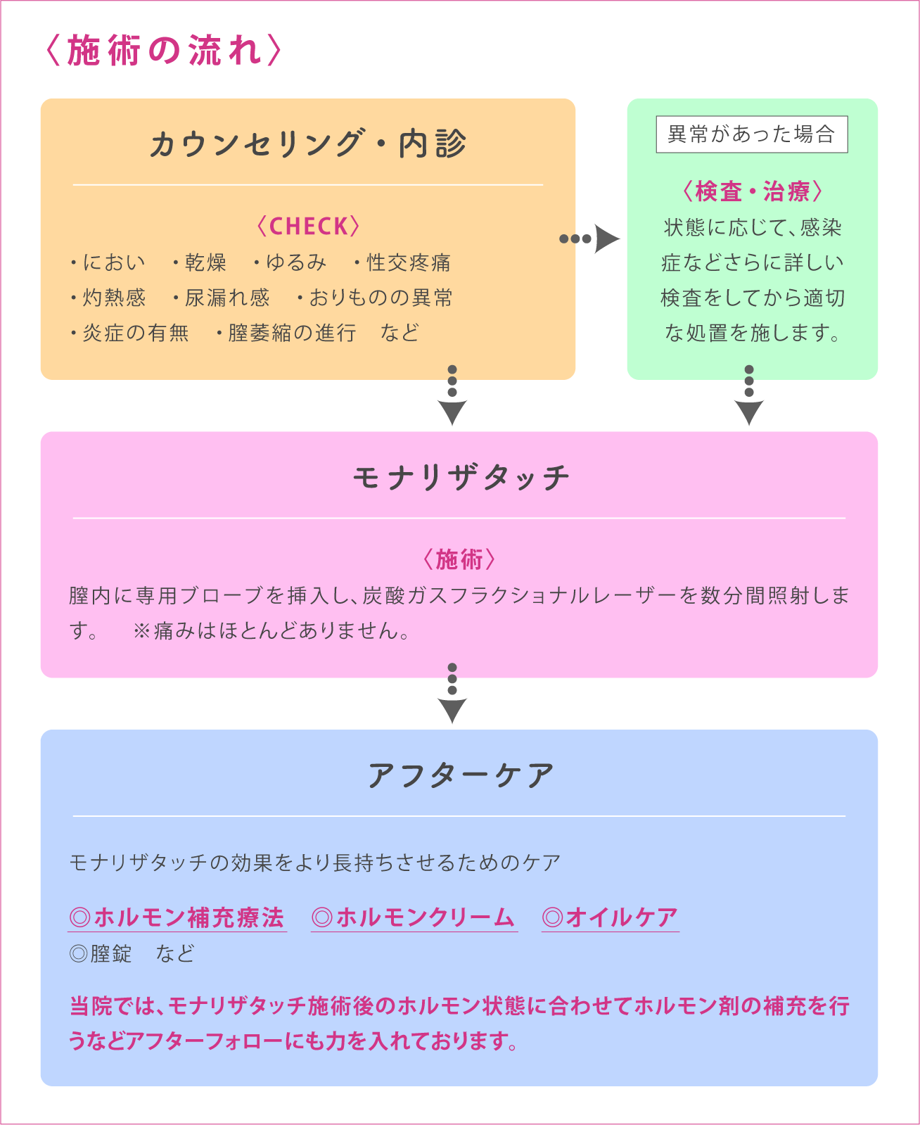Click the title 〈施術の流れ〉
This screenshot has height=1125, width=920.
163,52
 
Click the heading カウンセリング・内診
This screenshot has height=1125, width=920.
307,144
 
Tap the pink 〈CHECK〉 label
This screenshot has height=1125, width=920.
307,227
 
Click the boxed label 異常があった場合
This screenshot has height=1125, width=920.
751,134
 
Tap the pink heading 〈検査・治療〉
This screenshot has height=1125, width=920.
752,191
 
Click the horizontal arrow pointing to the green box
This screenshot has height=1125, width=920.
589,239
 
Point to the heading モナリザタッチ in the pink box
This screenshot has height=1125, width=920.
460,478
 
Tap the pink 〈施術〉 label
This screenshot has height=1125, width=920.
460,560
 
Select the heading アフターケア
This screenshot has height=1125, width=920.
460,775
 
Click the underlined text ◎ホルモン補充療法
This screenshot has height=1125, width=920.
177,917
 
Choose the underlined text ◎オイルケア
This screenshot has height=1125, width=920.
611,917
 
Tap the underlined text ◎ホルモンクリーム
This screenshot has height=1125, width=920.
414,917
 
